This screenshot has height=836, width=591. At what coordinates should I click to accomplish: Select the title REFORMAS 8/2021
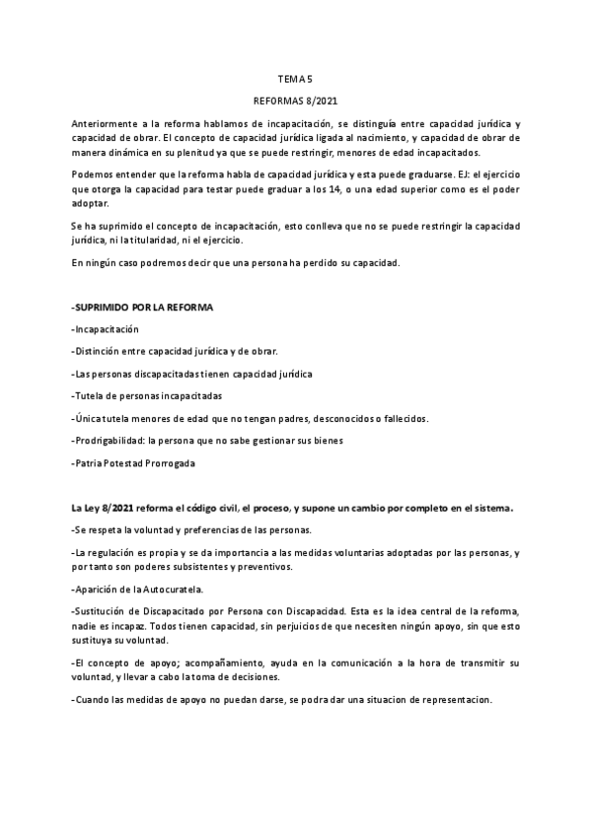point(295,101)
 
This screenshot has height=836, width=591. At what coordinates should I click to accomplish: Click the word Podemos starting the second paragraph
point(92,174)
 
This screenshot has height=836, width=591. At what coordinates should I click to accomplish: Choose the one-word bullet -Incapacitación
point(107,329)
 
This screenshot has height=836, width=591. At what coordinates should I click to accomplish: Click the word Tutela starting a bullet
point(92,394)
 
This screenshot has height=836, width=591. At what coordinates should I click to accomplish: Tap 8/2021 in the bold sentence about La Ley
point(118,508)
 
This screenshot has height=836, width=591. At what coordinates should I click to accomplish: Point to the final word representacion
point(455,700)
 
